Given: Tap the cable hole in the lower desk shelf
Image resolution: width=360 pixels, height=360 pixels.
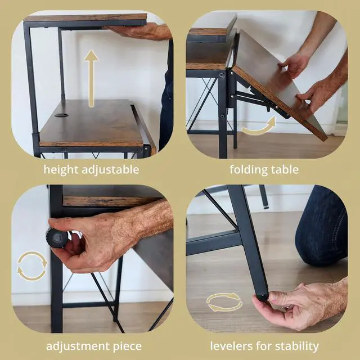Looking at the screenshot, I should (61, 115).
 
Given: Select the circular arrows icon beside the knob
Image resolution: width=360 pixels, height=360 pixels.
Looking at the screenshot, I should (32, 266).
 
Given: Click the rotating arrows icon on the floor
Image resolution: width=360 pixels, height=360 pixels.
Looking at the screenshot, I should (224, 303).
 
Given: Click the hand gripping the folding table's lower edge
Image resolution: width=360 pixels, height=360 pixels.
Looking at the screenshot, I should (318, 93).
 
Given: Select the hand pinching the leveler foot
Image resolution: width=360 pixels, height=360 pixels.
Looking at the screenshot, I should (298, 307).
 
